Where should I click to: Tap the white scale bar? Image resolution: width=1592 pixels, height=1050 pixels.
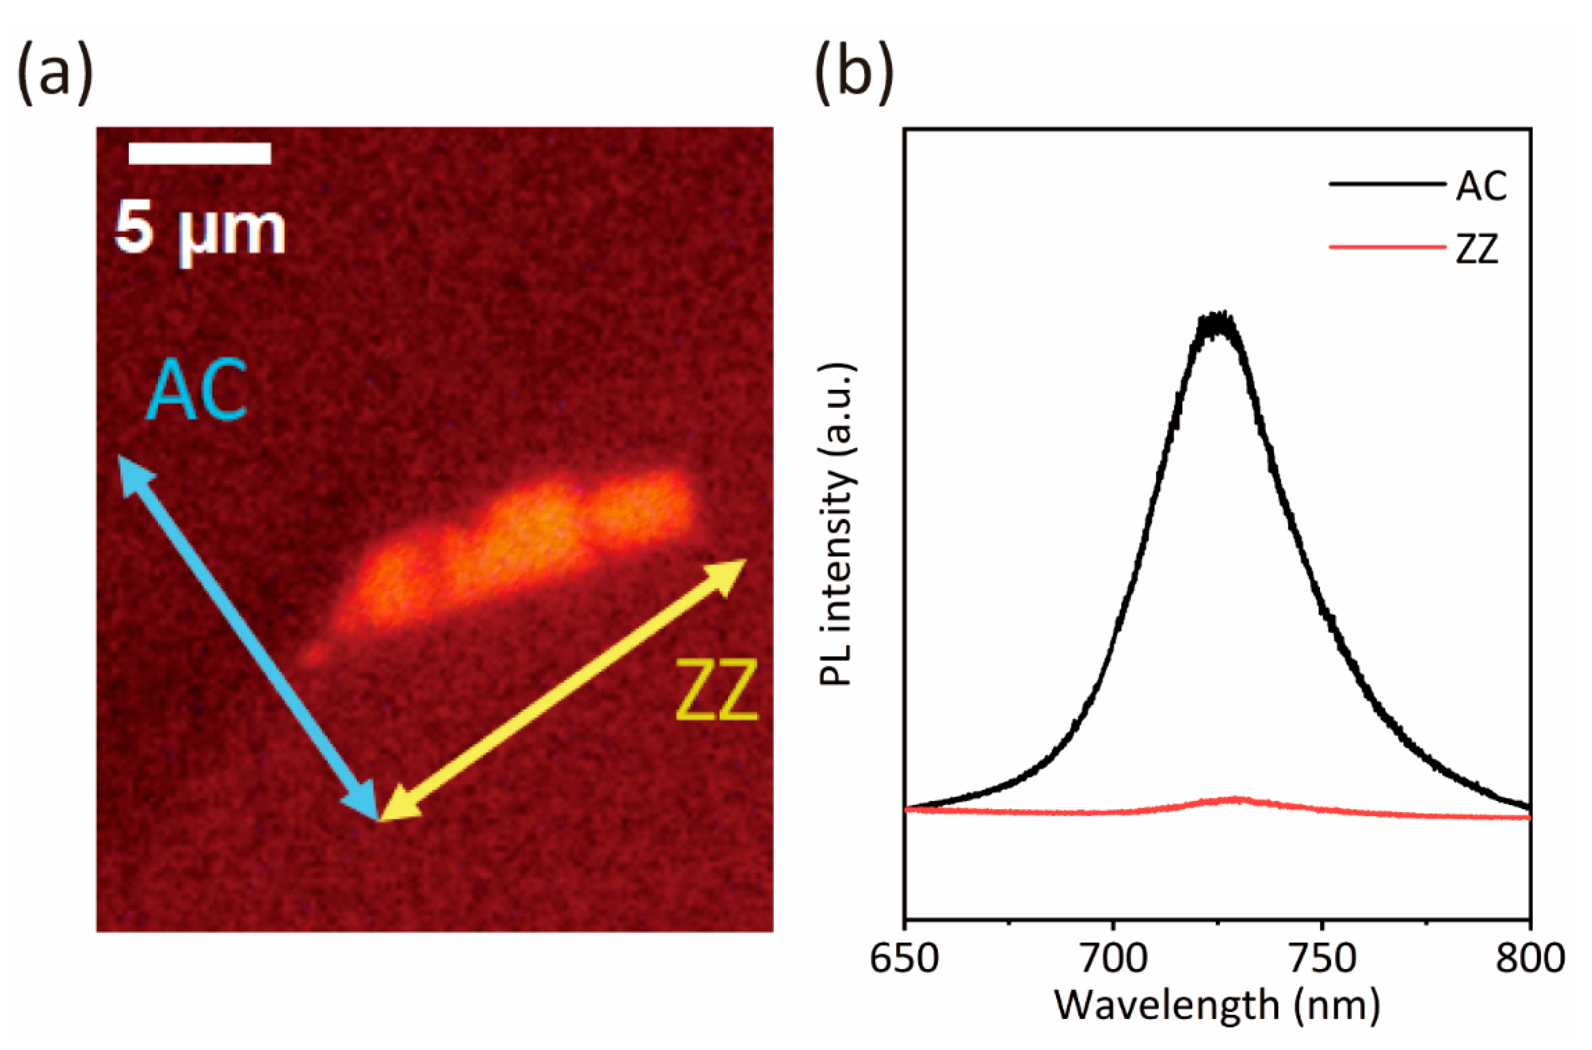click(200, 153)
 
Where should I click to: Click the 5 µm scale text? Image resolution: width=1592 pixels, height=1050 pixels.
click(200, 230)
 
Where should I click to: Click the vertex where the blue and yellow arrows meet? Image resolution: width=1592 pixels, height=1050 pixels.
click(379, 818)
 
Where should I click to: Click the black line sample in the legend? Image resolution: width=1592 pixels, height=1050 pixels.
click(1386, 184)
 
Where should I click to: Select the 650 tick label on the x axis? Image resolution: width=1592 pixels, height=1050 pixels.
click(904, 959)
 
